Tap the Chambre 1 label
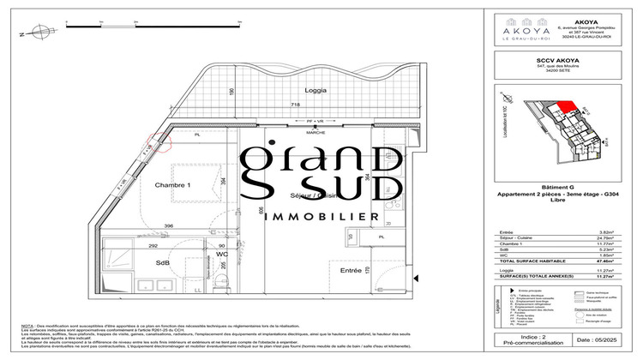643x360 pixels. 172,186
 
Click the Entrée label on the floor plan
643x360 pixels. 351,271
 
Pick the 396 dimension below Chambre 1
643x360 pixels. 170,226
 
